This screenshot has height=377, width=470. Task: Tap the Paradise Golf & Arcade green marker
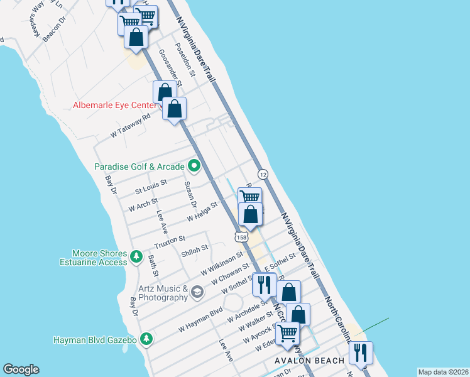(x=194, y=167)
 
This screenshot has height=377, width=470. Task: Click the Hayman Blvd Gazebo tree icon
(x=146, y=339)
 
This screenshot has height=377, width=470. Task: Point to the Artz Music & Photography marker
(x=197, y=292)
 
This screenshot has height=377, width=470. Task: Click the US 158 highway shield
(x=241, y=237)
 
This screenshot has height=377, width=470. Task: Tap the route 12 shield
(x=263, y=174)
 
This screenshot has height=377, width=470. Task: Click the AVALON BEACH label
(x=310, y=361)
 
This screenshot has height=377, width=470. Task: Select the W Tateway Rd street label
(x=131, y=126)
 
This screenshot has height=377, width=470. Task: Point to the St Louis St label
(x=151, y=187)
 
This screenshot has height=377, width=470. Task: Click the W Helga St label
(x=202, y=212)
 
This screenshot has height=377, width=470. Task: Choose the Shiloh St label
(x=194, y=253)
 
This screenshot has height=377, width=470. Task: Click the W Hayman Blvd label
(x=200, y=319)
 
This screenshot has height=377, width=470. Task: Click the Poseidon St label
(x=187, y=60)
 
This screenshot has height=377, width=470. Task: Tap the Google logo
(x=21, y=369)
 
